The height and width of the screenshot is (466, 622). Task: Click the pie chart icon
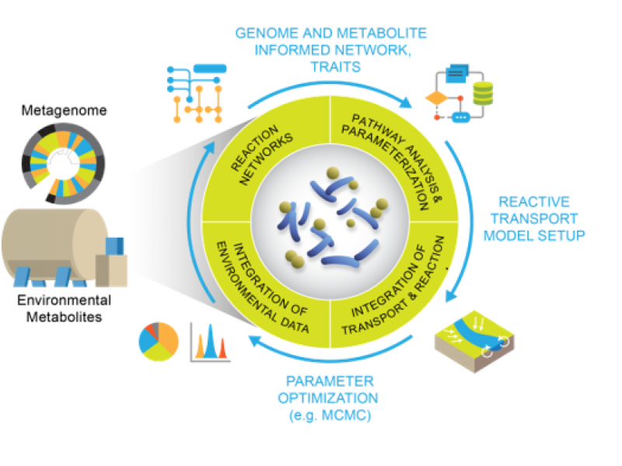coord(159,342)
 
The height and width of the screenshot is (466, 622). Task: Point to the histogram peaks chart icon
coord(210,342)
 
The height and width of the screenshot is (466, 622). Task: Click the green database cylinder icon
coord(484,93)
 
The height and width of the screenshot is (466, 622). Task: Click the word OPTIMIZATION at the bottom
coord(331,398)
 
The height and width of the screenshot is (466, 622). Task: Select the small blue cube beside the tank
coord(115,247)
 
